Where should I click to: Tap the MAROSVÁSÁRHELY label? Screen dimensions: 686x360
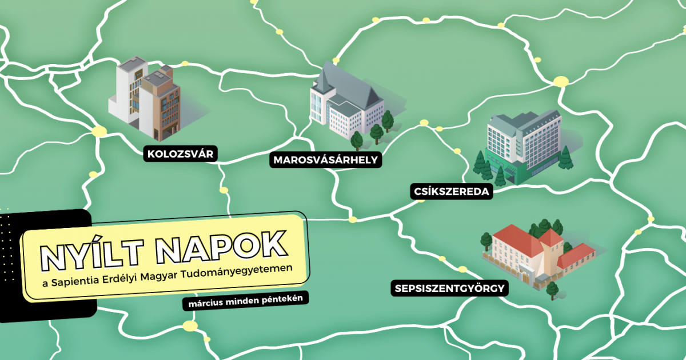click(326, 160)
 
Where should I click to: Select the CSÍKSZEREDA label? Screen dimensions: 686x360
click(451, 191)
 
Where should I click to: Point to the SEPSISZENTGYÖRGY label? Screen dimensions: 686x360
click(450, 288)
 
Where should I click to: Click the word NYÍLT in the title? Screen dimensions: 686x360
click(94, 251)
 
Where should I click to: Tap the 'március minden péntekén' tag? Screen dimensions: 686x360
click(245, 301)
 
